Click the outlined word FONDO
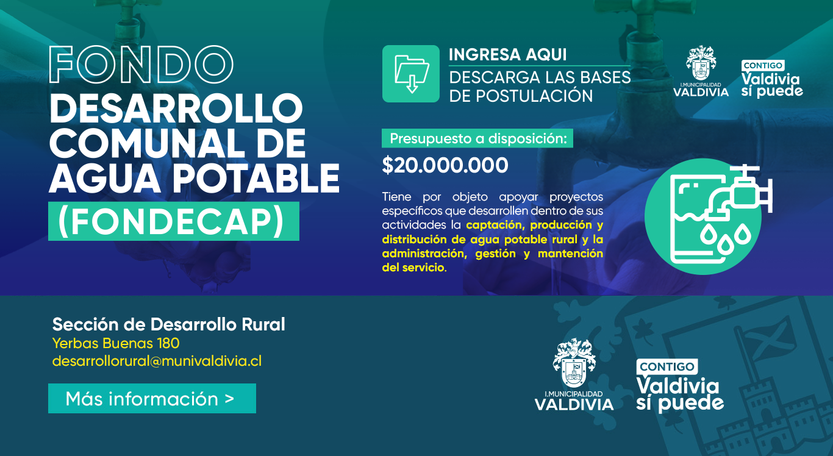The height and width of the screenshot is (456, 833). click(x=141, y=64)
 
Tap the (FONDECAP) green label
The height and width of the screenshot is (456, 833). click(x=174, y=221)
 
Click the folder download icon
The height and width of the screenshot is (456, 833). click(x=411, y=74)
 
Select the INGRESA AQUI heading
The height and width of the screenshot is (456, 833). click(x=507, y=55)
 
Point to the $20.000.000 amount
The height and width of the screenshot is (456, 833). click(x=445, y=165)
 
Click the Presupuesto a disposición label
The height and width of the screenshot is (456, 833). click(x=477, y=138)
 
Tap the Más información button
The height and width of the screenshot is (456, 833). click(x=152, y=399)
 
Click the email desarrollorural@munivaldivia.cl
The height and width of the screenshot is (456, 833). click(x=157, y=361)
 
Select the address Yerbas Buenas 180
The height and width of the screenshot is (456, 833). click(x=116, y=343)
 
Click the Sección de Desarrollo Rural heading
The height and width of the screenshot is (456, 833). click(x=168, y=324)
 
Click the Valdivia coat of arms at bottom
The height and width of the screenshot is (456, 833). click(x=574, y=363)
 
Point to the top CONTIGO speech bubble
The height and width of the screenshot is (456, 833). click(x=763, y=66)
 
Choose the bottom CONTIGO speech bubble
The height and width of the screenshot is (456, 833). click(x=667, y=367)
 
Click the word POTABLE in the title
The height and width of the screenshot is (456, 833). click(x=256, y=179)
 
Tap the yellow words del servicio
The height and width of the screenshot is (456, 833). click(x=413, y=268)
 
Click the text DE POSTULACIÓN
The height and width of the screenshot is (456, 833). click(x=521, y=96)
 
